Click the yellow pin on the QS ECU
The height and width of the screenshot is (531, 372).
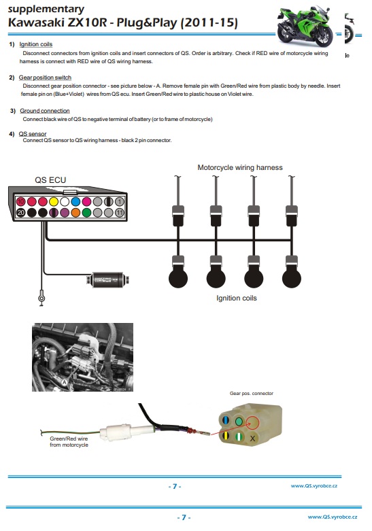(x=54, y=202)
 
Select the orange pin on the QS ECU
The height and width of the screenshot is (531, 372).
(x=75, y=213)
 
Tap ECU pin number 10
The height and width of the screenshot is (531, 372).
(x=20, y=202)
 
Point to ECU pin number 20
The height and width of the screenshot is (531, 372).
(x=20, y=213)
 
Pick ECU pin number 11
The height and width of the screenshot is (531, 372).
(x=120, y=213)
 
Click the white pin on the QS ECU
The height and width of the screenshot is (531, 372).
(x=65, y=202)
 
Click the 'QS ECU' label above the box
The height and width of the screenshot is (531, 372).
(x=50, y=180)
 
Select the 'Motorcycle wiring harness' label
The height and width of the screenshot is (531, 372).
(x=240, y=167)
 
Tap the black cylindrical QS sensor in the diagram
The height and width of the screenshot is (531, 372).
(x=108, y=280)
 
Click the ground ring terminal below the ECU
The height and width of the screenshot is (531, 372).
(x=41, y=298)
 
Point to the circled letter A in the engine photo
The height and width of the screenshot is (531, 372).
(x=65, y=383)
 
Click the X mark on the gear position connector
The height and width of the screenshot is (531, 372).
(x=252, y=439)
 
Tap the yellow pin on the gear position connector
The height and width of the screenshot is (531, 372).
(x=226, y=435)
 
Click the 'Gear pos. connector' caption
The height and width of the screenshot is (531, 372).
(x=252, y=393)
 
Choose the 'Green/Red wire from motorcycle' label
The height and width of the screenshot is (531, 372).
(x=69, y=442)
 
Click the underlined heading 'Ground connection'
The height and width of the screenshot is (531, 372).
(x=45, y=111)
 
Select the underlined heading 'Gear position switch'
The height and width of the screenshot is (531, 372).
(x=45, y=78)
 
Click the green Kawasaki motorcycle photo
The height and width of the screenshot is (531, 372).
(x=305, y=25)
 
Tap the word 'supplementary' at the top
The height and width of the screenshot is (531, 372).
(x=46, y=9)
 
